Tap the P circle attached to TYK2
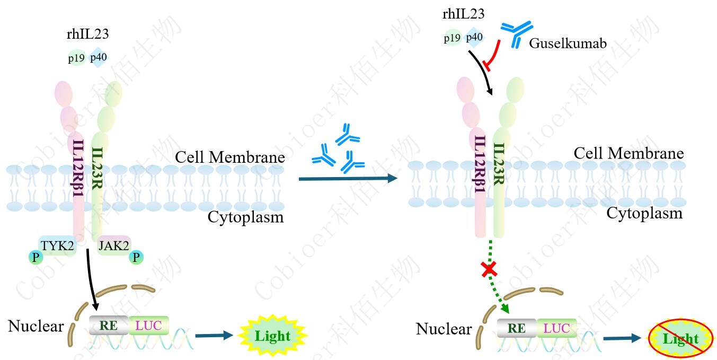tap(34, 258)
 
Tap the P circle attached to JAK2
tap(137, 258)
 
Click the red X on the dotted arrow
tap(489, 270)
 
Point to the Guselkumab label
tap(568, 43)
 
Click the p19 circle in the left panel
tap(76, 58)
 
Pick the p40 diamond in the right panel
tap(474, 38)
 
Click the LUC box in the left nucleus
tap(148, 325)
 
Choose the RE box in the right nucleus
tap(517, 329)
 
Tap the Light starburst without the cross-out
tap(272, 336)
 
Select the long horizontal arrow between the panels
tap(348, 179)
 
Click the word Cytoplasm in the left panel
tap(245, 217)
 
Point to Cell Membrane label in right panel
tap(629, 154)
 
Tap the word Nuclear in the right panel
tap(444, 329)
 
